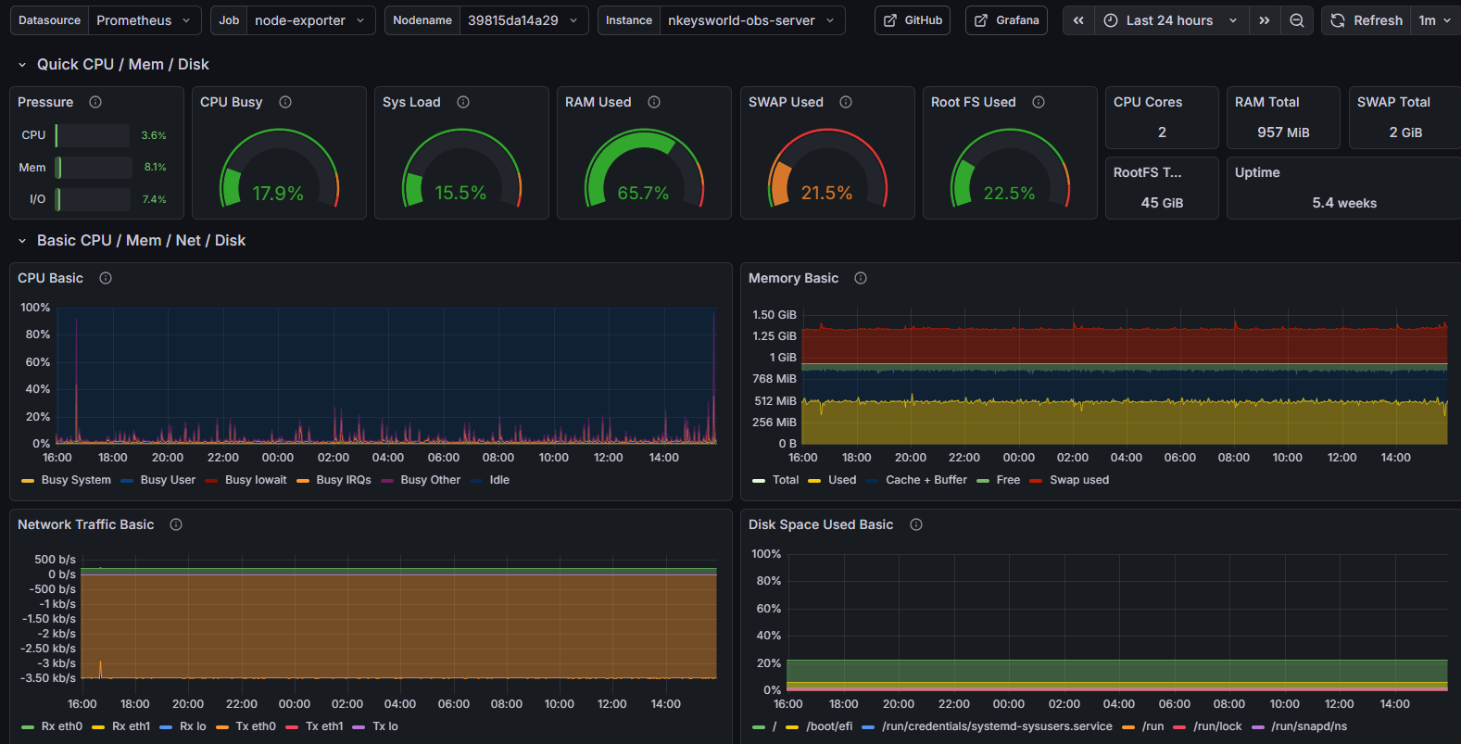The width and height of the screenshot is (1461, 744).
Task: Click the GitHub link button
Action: point(913,20)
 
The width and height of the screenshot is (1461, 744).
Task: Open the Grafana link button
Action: point(1006,20)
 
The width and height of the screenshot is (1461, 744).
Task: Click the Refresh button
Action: point(1367,20)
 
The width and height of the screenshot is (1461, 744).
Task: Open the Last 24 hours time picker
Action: point(1170,20)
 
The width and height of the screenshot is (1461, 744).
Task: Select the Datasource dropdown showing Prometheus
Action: point(145,20)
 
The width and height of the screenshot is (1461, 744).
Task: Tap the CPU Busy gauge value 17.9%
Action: point(278,193)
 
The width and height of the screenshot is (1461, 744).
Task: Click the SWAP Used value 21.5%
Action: point(826,193)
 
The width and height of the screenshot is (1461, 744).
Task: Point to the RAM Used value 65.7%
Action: point(643,193)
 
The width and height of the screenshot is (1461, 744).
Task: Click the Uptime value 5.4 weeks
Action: point(1343,203)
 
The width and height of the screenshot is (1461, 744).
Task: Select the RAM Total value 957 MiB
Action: point(1283,132)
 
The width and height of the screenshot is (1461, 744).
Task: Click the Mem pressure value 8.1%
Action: point(155,168)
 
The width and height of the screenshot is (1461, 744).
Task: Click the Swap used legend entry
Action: point(1078,480)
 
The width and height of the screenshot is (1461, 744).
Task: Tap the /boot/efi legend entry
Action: point(828,726)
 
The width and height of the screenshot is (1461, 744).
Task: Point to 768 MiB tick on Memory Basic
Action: point(775,379)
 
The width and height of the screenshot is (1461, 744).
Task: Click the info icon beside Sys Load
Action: point(463,102)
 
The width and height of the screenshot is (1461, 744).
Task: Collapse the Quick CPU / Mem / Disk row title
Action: point(122,64)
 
